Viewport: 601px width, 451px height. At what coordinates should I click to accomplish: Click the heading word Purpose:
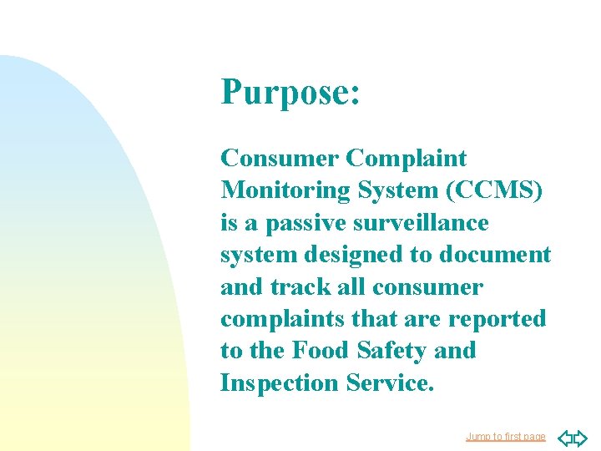coord(290,93)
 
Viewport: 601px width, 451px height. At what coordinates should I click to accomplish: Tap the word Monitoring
coord(287,190)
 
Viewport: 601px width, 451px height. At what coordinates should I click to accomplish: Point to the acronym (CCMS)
coord(495,190)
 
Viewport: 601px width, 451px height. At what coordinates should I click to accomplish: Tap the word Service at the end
coord(394,383)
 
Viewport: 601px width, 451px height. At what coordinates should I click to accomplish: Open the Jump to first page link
coord(506,437)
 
